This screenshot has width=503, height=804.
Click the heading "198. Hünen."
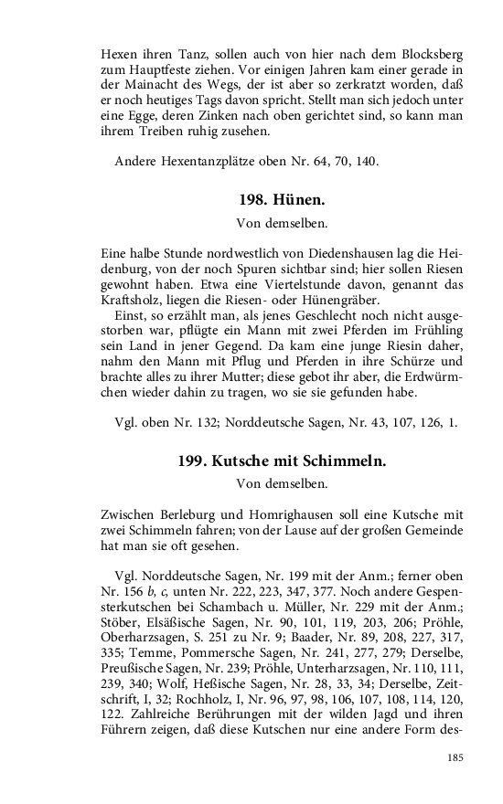[282, 199]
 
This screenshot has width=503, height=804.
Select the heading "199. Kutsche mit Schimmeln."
[282, 461]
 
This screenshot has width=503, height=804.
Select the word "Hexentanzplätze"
[209, 162]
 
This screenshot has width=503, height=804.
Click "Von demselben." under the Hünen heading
[282, 221]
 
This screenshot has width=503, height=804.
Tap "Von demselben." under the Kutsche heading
[282, 483]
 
